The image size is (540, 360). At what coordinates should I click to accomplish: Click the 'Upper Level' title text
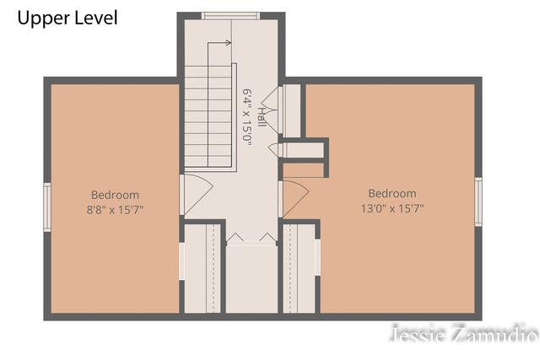pos(67,19)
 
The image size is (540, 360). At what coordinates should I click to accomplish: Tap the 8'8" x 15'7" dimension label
pos(115,210)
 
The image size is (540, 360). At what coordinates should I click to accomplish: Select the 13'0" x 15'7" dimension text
pos(392,208)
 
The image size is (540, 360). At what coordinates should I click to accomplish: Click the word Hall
pos(262,117)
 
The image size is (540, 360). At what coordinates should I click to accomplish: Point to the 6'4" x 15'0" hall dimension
pos(248,117)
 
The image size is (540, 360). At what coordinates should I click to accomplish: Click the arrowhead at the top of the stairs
pos(228,43)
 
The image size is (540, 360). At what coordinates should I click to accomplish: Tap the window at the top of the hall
pos(230,15)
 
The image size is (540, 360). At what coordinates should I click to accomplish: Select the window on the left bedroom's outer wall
pos(47,207)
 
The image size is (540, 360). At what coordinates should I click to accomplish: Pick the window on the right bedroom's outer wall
pos(478,201)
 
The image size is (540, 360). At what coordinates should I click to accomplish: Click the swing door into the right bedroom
pos(294,199)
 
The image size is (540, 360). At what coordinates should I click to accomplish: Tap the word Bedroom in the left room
pos(115,195)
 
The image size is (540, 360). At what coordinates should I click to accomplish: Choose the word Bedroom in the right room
pos(392,193)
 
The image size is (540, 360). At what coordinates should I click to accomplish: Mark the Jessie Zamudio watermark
pos(465,333)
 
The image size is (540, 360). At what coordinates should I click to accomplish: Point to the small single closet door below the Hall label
pos(276,149)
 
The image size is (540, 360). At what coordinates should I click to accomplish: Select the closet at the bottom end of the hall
pos(251,279)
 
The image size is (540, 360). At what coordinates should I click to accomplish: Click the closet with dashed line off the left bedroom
pos(202,268)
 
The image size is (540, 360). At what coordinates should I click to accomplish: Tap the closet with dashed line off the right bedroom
pos(299,268)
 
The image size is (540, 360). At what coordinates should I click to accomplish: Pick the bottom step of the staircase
pos(208,162)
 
